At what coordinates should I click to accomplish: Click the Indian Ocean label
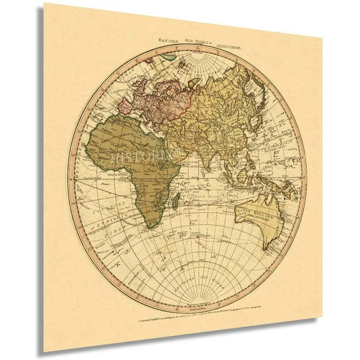[x=203, y=198]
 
